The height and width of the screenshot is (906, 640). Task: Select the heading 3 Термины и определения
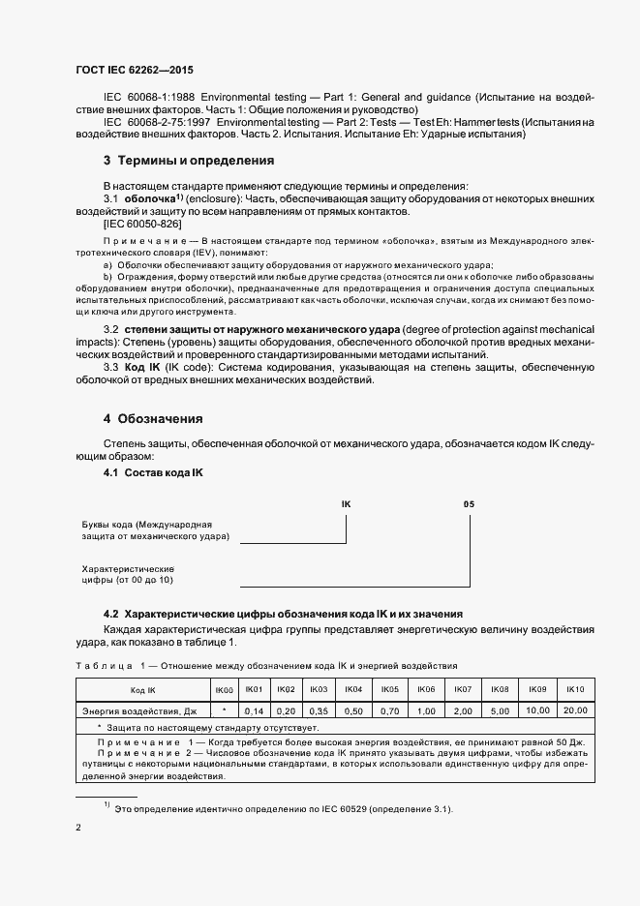pos(189,160)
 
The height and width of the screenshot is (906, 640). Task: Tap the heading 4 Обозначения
pos(153,419)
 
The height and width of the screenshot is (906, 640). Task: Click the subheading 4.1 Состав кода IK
pos(153,472)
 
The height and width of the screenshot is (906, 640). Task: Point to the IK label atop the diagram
pos(347,504)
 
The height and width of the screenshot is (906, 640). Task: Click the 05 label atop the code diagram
pos(469,504)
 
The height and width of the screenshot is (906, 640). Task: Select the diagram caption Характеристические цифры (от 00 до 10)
pos(127,574)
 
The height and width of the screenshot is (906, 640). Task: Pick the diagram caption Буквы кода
pos(154,528)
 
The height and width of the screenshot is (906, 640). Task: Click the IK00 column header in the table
pos(224,689)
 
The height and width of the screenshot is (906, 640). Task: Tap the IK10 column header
pos(575,689)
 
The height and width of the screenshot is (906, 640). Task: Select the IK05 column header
pos(390,689)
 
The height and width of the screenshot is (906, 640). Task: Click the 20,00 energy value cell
pos(575,710)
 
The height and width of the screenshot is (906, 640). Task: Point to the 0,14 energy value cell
pos(255,710)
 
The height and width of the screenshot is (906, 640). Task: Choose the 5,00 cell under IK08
pos(500,710)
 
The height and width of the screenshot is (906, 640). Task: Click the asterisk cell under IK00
pos(224,710)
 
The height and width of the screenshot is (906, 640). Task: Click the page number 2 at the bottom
pos(78,828)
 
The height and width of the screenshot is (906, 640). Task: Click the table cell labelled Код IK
pos(143,689)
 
